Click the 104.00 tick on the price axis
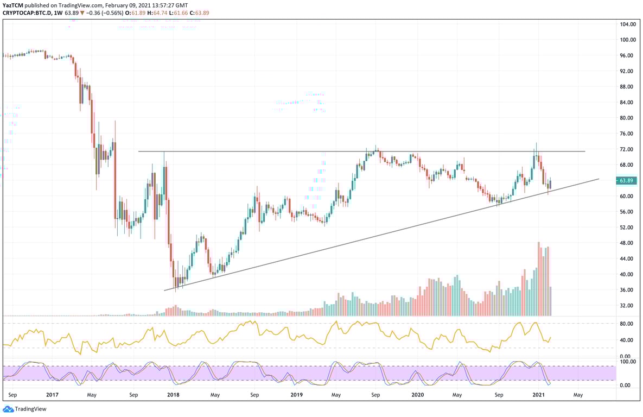(628, 24)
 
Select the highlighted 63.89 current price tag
(627, 181)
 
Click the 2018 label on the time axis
(174, 396)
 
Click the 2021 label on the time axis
(539, 396)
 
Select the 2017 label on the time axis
(52, 396)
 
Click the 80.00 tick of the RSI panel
(627, 324)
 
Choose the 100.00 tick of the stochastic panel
(627, 362)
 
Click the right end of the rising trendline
(599, 179)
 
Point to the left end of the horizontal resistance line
(139, 151)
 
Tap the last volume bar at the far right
(550, 301)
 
